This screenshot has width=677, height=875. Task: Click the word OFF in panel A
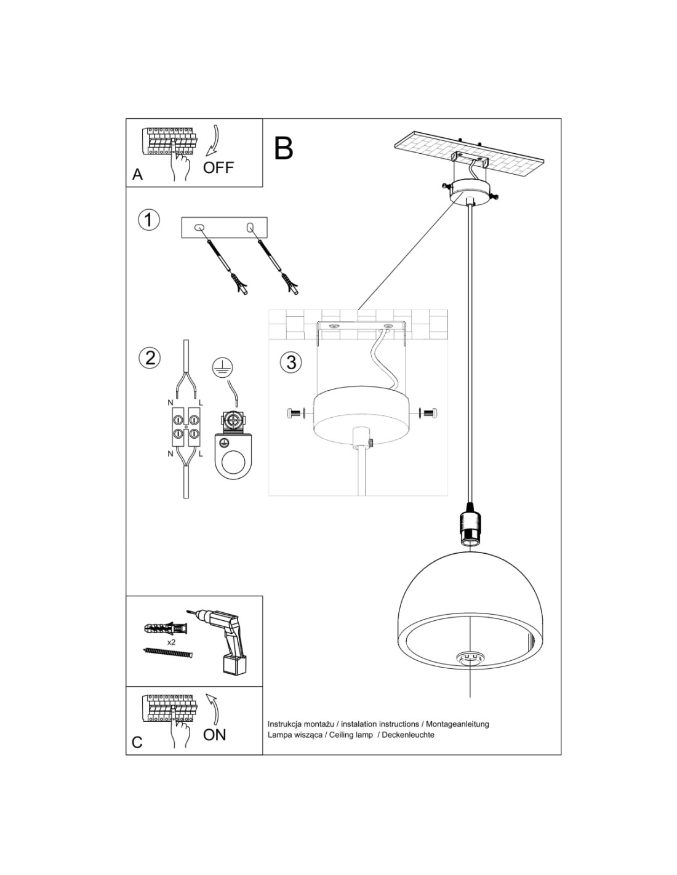tap(218, 167)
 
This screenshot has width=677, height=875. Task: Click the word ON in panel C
tap(214, 734)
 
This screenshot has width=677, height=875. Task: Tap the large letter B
tap(283, 148)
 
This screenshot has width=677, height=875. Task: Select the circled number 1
tap(148, 220)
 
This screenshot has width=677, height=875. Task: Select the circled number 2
tap(150, 357)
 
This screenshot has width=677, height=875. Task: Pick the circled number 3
tap(291, 362)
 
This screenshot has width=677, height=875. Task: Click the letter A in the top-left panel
tap(137, 175)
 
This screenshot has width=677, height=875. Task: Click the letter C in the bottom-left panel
tap(137, 742)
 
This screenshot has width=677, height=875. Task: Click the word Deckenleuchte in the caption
tap(408, 735)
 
